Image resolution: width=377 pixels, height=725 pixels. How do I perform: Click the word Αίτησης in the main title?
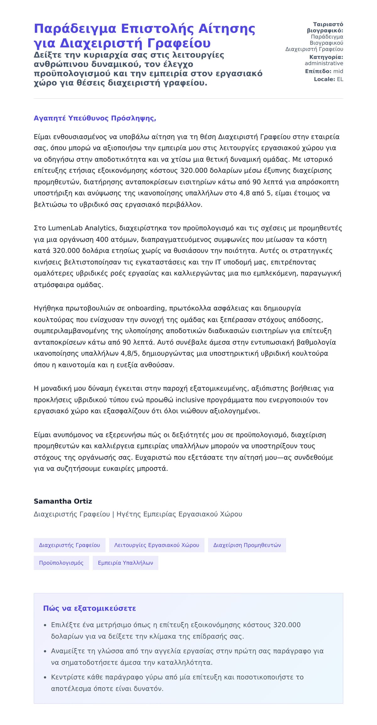[227, 29]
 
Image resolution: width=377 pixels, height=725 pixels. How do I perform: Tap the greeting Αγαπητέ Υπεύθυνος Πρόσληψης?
[95, 118]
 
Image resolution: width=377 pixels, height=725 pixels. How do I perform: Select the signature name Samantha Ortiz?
[63, 501]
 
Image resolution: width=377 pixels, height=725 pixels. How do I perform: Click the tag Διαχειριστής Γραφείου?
[69, 545]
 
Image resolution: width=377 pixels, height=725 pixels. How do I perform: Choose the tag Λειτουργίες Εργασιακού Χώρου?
[156, 545]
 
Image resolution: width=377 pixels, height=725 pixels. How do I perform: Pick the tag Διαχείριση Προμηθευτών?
[247, 545]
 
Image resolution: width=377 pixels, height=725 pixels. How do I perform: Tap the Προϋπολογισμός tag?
[61, 562]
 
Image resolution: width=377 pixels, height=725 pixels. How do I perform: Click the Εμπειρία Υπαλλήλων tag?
[125, 562]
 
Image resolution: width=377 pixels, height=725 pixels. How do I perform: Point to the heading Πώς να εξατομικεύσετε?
[90, 608]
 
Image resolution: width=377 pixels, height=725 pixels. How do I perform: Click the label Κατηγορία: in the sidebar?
[326, 57]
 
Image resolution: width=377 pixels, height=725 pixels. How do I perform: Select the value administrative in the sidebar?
[324, 63]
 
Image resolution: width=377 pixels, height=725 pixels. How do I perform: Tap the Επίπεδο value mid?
[338, 71]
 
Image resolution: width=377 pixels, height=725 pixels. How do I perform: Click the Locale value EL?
[340, 79]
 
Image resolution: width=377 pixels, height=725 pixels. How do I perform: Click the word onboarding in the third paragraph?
[146, 308]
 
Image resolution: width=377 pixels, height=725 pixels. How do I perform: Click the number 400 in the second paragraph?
[102, 239]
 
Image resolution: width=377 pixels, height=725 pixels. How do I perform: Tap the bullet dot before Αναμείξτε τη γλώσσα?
[45, 651]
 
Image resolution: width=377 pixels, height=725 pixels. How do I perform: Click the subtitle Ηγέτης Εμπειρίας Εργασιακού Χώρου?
[179, 514]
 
